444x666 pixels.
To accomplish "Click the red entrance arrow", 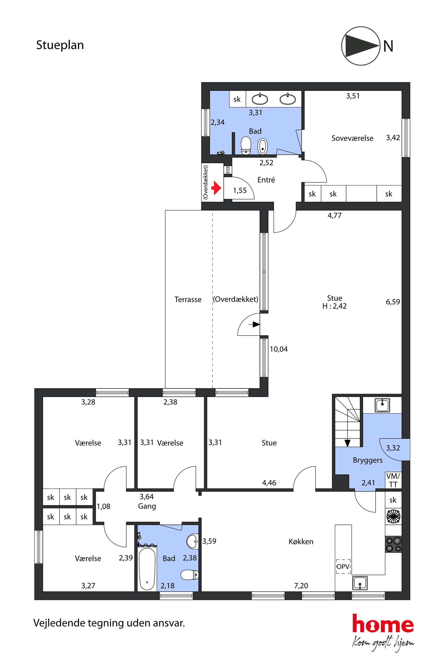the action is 216,188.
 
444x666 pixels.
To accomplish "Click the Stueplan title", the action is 60,45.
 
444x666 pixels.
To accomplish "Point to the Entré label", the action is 266,180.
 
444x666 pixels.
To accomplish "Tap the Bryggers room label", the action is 367,460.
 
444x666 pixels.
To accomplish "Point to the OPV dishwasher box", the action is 343,566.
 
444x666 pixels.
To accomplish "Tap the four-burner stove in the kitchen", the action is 393,544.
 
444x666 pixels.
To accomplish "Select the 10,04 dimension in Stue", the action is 279,349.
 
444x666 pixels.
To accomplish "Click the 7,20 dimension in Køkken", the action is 301,586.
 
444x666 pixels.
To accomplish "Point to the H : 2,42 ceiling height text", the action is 334,306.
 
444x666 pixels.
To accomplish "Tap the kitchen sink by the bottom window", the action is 360,583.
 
